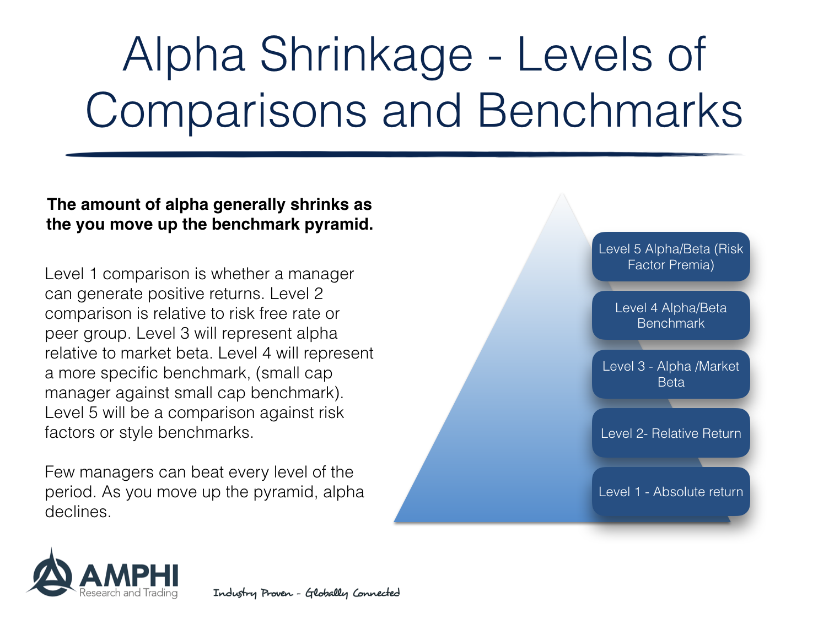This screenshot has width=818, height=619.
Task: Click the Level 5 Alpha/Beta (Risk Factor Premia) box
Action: pyautogui.click(x=670, y=257)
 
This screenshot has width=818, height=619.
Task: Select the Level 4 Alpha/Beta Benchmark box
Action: pyautogui.click(x=670, y=316)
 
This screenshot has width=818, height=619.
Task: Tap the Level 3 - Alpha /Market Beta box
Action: pyautogui.click(x=670, y=374)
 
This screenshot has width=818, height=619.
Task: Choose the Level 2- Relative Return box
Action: pyautogui.click(x=670, y=433)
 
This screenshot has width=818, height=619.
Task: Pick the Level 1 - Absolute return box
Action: pyautogui.click(x=670, y=492)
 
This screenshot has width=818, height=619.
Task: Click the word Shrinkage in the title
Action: pyautogui.click(x=366, y=55)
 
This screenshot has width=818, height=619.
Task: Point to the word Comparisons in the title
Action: pyautogui.click(x=225, y=111)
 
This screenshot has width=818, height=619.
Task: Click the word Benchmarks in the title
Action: pyautogui.click(x=609, y=111)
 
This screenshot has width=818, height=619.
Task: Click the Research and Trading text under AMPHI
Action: pyautogui.click(x=128, y=593)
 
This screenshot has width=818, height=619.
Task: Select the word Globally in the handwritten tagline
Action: pyautogui.click(x=326, y=593)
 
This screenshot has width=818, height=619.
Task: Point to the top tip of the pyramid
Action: pyautogui.click(x=562, y=195)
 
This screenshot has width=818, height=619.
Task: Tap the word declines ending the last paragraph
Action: pyautogui.click(x=77, y=512)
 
